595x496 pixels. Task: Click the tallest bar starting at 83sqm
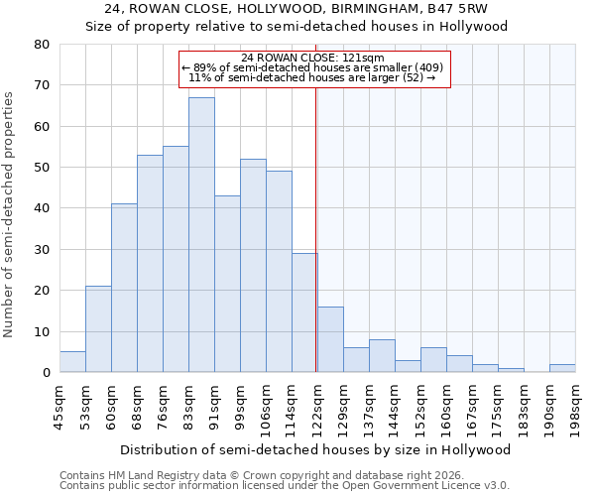[201, 235]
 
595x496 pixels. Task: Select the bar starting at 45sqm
[72, 362]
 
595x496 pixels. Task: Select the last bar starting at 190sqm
[562, 368]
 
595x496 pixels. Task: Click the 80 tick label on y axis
[41, 45]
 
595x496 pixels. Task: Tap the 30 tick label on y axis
[41, 250]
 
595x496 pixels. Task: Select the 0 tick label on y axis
[45, 373]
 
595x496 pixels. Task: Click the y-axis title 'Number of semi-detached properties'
[10, 214]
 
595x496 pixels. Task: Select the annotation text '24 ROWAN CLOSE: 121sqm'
[313, 58]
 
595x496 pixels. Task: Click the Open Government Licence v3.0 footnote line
[284, 485]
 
